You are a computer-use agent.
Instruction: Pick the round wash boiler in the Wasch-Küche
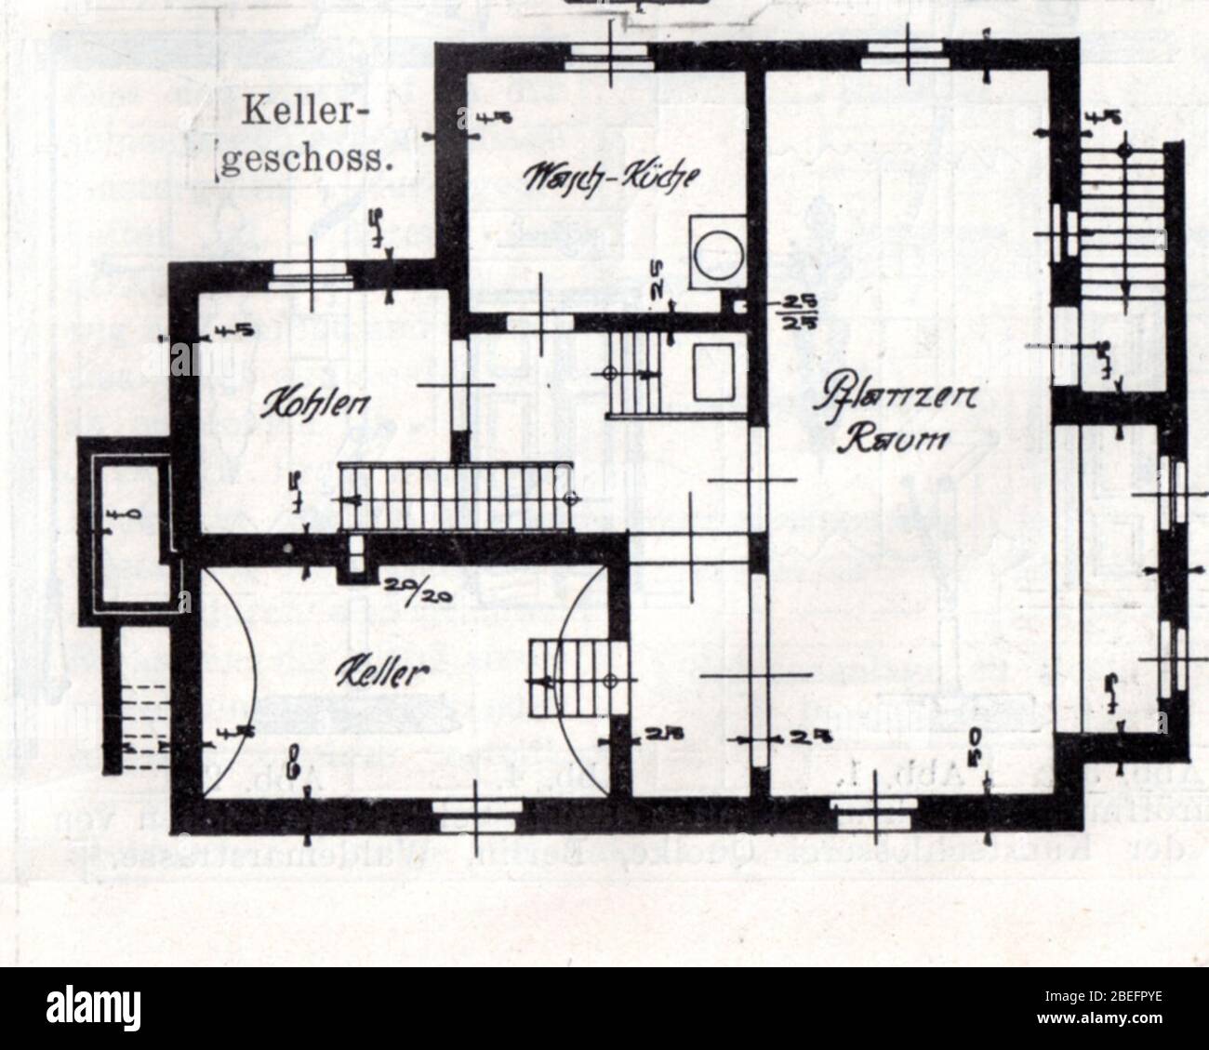716,251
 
